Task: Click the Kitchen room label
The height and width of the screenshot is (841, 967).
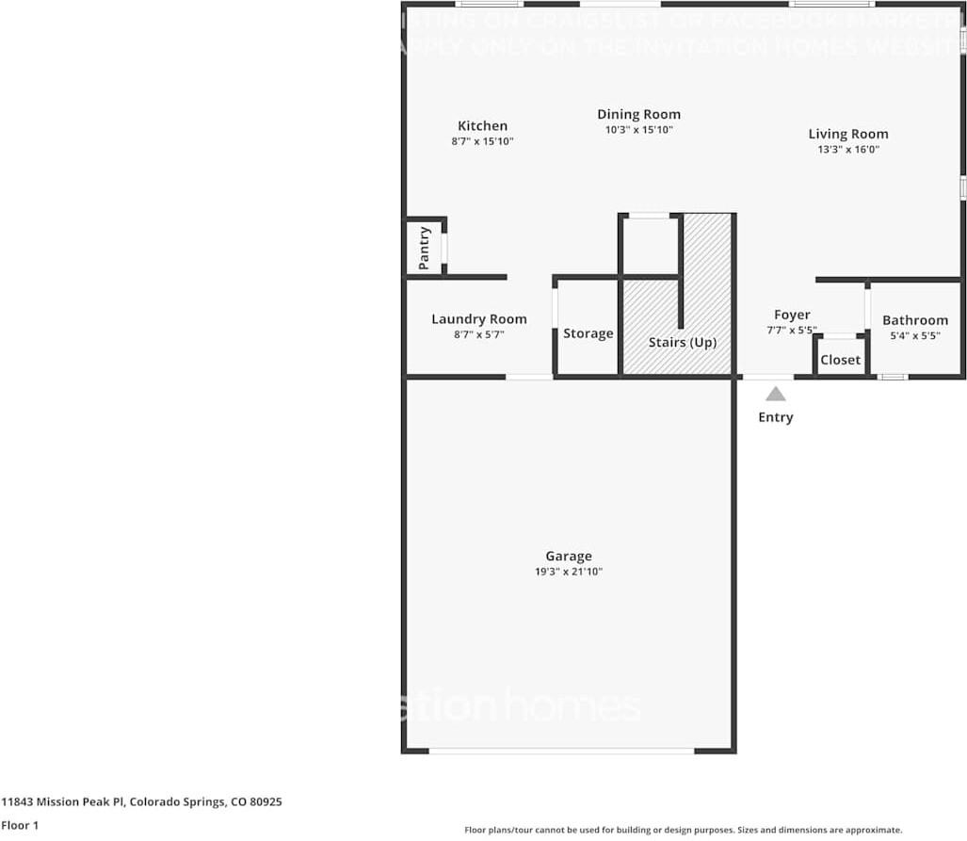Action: point(482,126)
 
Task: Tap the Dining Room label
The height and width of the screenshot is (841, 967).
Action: point(638,115)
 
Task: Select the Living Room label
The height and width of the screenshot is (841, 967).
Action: point(847,134)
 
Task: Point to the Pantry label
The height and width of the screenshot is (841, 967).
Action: point(425,248)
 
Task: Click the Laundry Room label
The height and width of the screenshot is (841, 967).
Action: point(478,319)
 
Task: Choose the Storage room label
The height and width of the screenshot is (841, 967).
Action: point(588,333)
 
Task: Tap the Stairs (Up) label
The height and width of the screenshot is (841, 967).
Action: point(682,342)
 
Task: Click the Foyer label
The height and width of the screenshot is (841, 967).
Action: point(792,315)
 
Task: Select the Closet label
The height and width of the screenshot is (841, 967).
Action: point(840,360)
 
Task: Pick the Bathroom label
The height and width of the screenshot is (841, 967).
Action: point(914,320)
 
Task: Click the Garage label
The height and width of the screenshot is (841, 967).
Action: point(569,557)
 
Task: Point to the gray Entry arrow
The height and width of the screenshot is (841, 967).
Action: point(775,394)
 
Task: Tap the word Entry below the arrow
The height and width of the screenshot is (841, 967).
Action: point(776,417)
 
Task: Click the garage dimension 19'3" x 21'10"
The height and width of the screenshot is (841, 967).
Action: point(569,572)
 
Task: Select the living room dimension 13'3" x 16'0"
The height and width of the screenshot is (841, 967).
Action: point(847,149)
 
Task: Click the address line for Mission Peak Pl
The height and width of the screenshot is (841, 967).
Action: point(141,802)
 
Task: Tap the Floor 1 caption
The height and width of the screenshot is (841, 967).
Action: point(20,825)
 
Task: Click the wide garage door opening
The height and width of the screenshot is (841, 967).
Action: point(562,751)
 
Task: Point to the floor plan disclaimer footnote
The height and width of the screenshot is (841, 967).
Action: point(683,830)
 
